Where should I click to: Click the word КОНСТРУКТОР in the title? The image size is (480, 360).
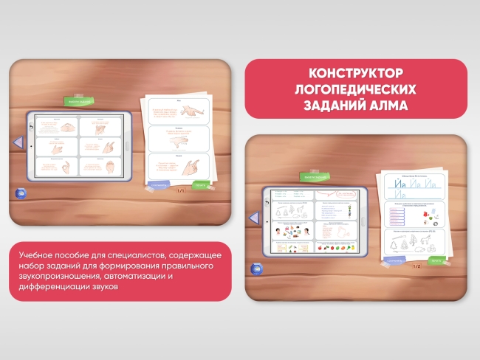click(x=355, y=74)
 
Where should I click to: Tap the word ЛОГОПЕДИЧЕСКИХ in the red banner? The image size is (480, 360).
click(x=355, y=89)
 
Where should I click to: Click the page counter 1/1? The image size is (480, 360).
click(x=180, y=190)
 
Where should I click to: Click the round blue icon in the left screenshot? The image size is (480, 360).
click(x=18, y=193)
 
